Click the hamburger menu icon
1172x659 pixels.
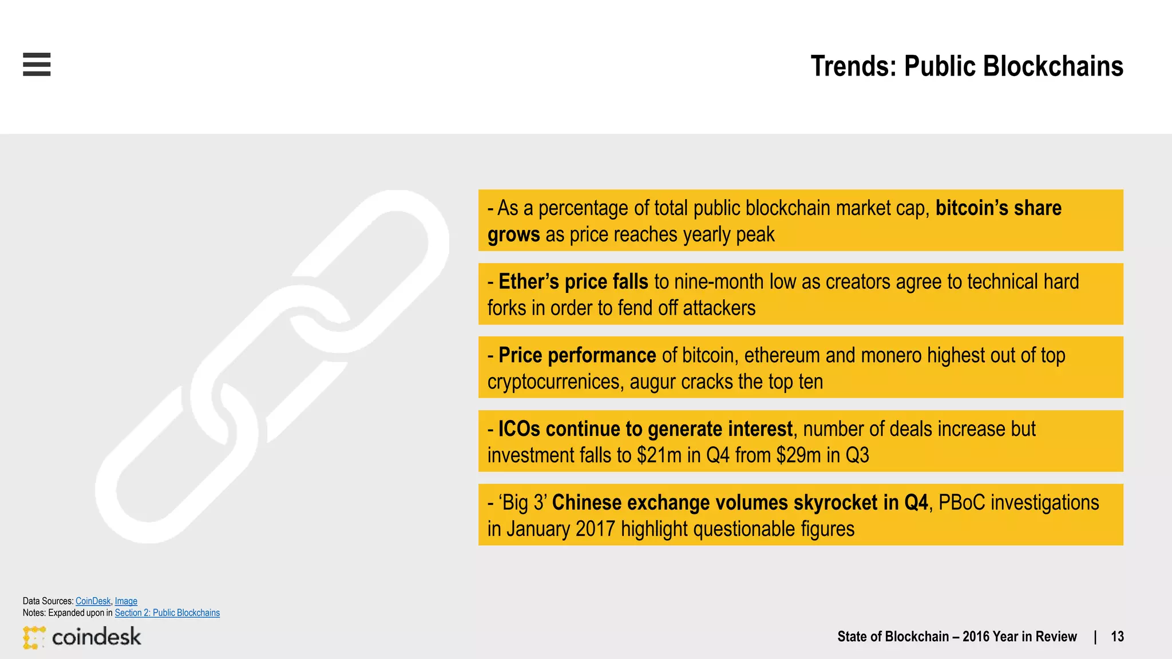37,64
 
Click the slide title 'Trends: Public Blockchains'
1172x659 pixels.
967,66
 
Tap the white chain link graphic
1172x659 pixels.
272,366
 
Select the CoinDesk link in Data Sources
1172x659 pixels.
93,601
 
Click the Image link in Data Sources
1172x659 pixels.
126,601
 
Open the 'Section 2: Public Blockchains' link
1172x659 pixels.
167,613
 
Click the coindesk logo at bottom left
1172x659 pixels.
82,637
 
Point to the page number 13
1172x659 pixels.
1117,637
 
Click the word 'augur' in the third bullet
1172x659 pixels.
652,382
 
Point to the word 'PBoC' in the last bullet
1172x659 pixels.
961,502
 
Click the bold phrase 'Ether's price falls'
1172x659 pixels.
573,281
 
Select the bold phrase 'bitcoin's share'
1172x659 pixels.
998,208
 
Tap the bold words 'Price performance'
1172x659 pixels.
577,355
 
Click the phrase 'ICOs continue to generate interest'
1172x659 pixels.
645,429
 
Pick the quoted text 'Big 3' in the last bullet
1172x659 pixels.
523,502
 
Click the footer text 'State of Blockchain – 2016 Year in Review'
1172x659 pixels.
957,637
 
